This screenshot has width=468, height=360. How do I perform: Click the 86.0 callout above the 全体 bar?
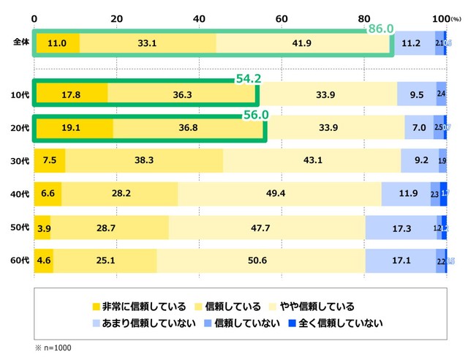[380, 29]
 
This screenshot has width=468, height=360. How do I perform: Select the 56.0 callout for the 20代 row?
[256, 115]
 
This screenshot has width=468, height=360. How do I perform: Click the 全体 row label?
[21, 43]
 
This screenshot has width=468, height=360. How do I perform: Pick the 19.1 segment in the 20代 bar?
[74, 127]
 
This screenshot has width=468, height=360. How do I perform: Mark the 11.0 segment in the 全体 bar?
[57, 43]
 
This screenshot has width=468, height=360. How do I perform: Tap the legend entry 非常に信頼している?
[140, 306]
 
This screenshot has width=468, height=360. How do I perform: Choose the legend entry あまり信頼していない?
[143, 322]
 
